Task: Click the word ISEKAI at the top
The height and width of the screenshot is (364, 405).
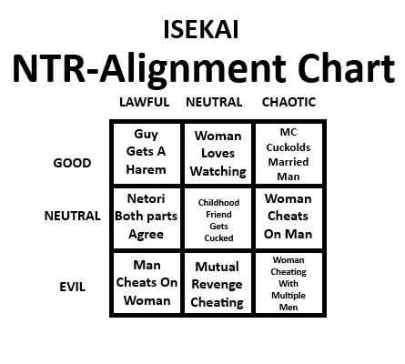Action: [201, 29]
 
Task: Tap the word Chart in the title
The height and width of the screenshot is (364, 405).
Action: [346, 68]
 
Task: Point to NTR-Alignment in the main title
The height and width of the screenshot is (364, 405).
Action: [149, 70]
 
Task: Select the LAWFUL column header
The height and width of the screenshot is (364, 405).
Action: [145, 102]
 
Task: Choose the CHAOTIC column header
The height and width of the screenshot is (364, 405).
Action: [289, 102]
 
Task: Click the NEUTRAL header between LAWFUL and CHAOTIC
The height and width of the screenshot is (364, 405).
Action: [214, 102]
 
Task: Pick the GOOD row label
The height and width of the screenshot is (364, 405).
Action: [72, 163]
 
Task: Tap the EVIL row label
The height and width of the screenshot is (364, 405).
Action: [72, 287]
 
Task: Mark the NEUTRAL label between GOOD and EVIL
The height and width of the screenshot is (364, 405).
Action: [73, 216]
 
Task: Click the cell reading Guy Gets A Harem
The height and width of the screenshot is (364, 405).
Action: [147, 153]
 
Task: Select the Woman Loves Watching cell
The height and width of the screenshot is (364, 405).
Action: [218, 153]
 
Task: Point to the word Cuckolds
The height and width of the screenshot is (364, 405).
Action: [289, 147]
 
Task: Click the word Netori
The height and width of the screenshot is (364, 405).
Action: [147, 198]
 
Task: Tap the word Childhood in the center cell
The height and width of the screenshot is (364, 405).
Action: [218, 202]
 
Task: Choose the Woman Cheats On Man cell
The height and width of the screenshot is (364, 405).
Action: [289, 218]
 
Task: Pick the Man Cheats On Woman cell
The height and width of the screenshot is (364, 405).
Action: [147, 283]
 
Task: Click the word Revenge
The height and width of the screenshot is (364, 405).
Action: [217, 284]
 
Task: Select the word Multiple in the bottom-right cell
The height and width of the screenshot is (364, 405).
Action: [289, 296]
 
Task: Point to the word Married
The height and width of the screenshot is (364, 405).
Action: [289, 162]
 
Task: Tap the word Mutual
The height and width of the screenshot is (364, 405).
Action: [217, 267]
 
